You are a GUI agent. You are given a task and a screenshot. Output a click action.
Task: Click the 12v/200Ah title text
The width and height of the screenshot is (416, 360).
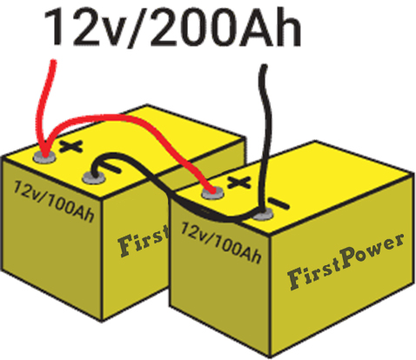(x=172, y=28)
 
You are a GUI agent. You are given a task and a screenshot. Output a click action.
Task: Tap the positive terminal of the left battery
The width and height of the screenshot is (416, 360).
(x=44, y=157)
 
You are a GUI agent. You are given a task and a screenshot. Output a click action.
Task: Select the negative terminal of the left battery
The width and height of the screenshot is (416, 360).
(x=94, y=177)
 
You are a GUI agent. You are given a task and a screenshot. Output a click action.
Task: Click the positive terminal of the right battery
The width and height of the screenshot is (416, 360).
(x=213, y=193)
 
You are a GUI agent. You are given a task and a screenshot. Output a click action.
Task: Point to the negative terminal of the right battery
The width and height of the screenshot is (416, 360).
(x=263, y=214)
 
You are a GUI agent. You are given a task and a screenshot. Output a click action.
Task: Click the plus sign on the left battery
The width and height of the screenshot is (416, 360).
(x=71, y=147)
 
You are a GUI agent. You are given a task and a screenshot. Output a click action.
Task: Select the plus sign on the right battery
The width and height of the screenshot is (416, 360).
(x=238, y=183)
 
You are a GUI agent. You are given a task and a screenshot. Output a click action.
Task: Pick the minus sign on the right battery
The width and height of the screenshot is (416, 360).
(x=278, y=203)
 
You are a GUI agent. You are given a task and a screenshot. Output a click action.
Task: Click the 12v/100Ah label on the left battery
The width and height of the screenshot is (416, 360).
(x=54, y=201)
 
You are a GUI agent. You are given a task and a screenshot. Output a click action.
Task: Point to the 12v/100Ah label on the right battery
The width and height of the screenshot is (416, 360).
(x=221, y=243)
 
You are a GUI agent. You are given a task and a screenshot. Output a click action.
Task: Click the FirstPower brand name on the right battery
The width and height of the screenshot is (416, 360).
(x=346, y=261)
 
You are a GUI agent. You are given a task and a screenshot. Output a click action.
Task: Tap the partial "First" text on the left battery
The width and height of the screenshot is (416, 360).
(x=144, y=241)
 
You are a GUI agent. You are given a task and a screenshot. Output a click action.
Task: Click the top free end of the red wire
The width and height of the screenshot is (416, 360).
(x=53, y=62)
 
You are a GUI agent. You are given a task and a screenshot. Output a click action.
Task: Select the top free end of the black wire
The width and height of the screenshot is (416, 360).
(x=264, y=67)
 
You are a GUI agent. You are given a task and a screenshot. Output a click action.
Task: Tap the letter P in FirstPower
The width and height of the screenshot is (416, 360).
(x=349, y=259)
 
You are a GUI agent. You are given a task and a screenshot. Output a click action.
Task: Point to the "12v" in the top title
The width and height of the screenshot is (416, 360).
(x=84, y=28)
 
